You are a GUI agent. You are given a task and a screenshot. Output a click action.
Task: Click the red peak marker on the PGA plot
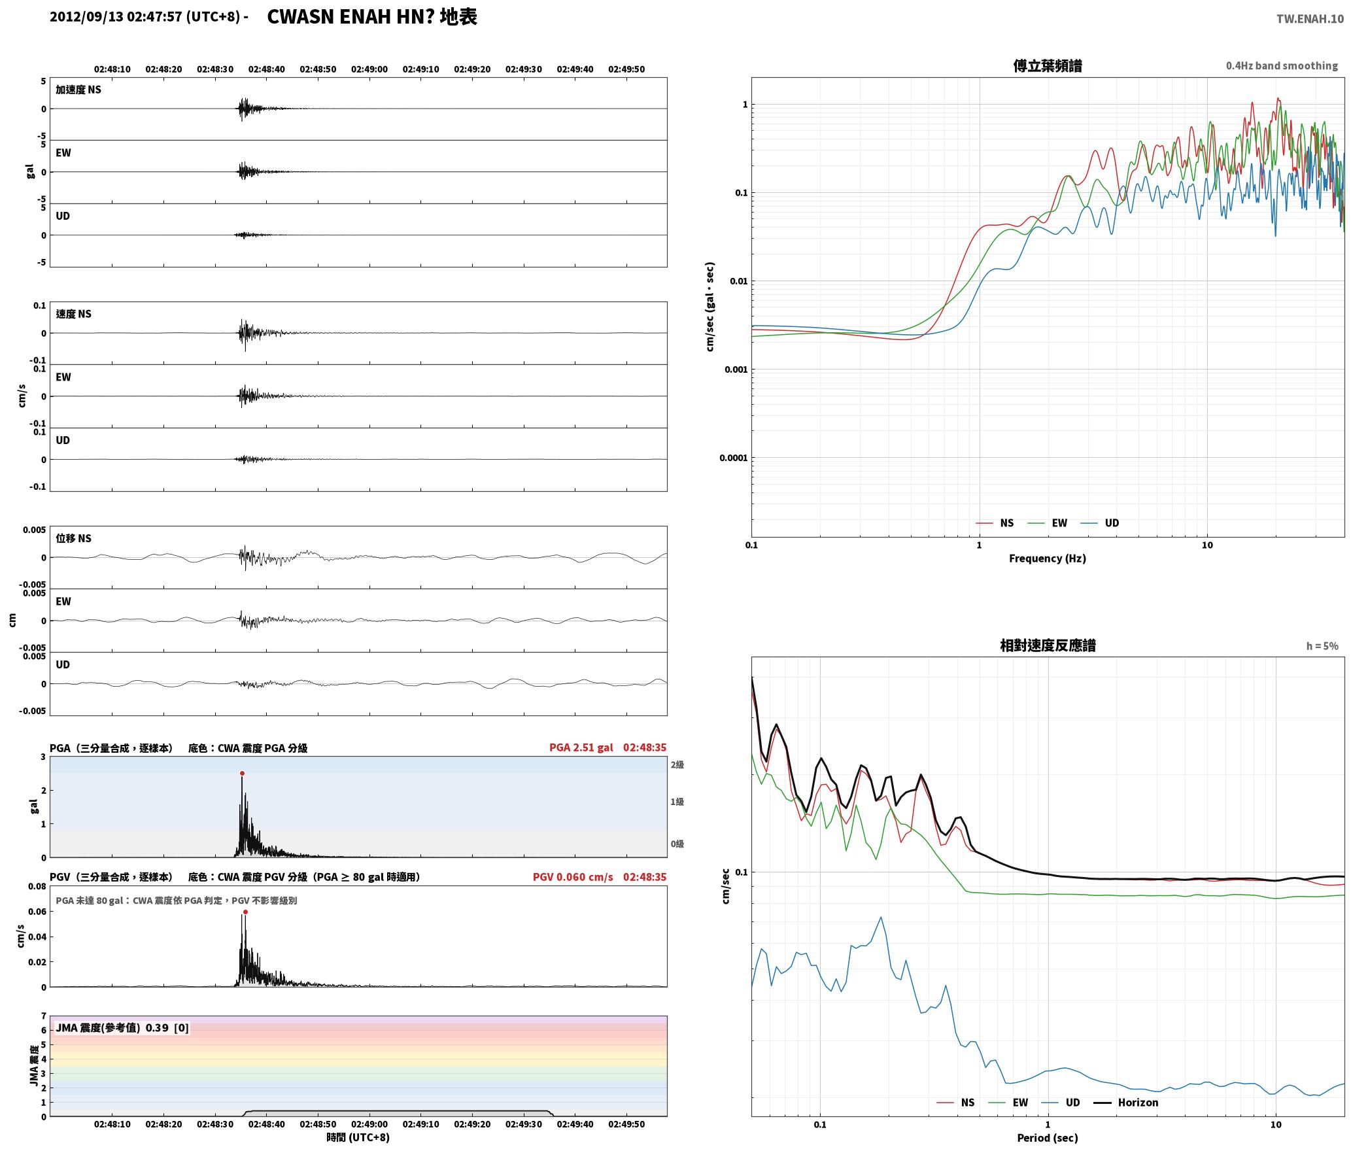click(242, 773)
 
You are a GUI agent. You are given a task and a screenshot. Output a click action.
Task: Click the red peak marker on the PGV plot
click(245, 912)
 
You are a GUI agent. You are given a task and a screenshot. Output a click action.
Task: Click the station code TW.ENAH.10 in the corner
click(1310, 18)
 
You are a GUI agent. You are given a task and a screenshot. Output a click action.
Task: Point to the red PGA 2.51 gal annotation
click(581, 747)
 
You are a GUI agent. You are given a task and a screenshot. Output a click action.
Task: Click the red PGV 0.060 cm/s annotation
click(573, 876)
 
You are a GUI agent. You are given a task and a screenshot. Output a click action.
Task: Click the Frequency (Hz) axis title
click(1047, 558)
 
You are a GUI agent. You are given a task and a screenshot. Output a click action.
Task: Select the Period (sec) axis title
click(1047, 1137)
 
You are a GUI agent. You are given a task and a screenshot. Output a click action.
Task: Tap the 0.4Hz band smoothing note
click(1282, 65)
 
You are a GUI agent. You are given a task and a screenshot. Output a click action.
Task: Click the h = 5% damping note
click(1322, 645)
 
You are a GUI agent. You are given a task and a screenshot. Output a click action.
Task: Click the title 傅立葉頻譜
click(1048, 65)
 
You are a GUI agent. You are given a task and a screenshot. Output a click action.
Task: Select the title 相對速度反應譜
click(1048, 645)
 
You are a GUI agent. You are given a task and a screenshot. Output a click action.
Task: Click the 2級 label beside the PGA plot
click(677, 764)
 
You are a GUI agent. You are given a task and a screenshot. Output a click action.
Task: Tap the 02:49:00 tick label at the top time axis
click(369, 69)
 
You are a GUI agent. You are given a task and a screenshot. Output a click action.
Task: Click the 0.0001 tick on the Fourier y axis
click(733, 458)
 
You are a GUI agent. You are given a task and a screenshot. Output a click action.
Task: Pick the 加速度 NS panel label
click(78, 90)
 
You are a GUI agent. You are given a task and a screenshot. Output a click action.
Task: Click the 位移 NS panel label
click(73, 538)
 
